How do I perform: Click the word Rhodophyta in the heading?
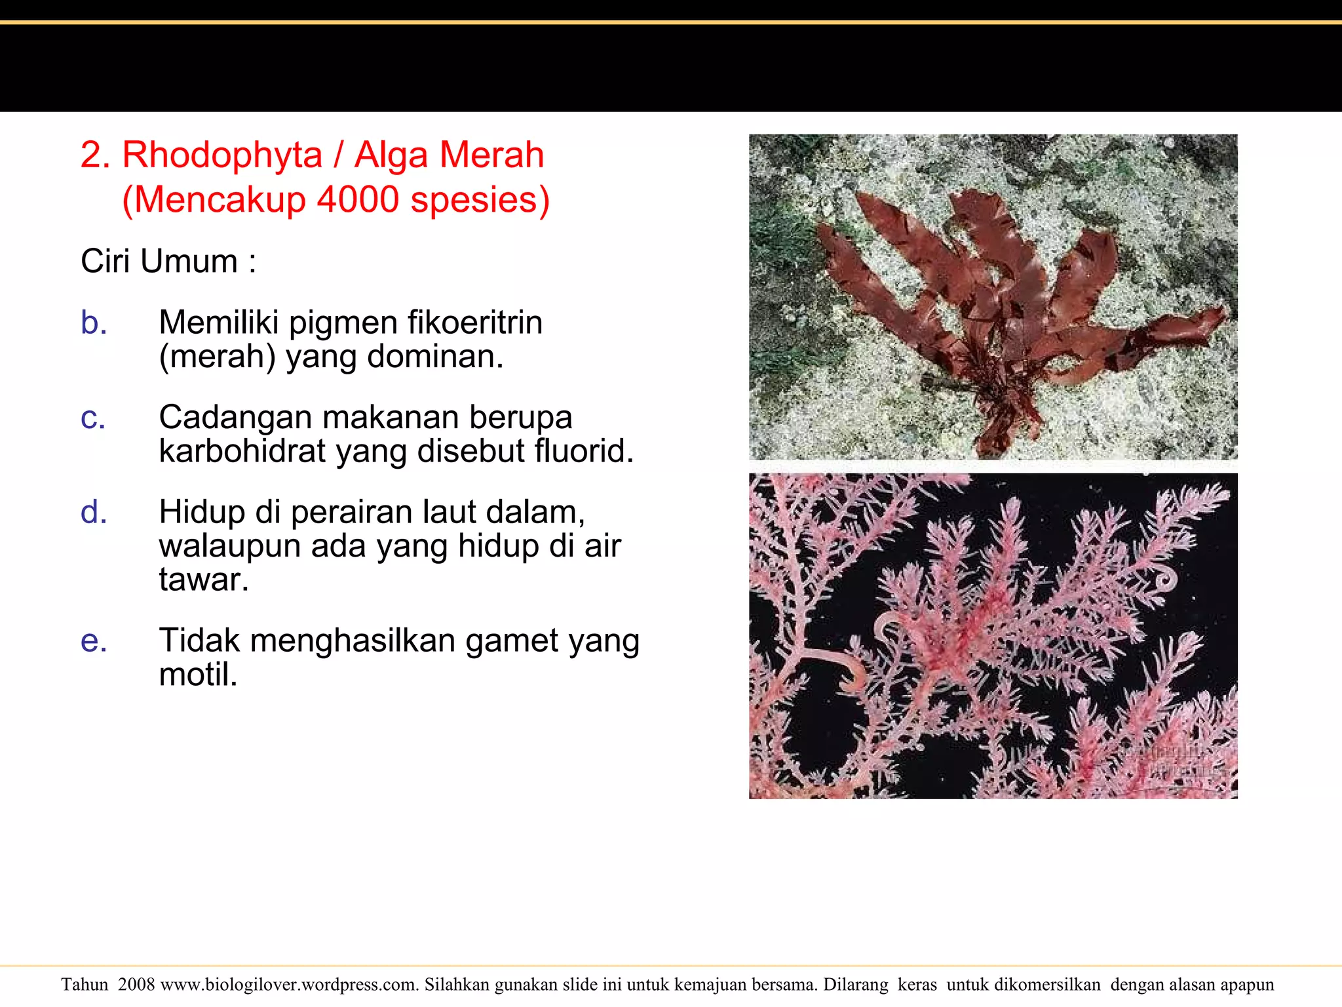tap(223, 156)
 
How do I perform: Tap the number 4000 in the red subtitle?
tap(358, 200)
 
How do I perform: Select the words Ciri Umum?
tap(159, 262)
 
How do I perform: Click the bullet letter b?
tap(94, 323)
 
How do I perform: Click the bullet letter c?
tap(93, 418)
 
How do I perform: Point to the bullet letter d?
tap(94, 513)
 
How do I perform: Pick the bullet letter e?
tap(94, 641)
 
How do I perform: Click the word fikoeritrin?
tap(474, 323)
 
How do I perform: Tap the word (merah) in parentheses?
tap(217, 357)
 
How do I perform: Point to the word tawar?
tap(203, 580)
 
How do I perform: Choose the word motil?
tap(198, 675)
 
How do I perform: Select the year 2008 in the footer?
tap(136, 985)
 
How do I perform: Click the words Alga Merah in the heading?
tap(450, 156)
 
